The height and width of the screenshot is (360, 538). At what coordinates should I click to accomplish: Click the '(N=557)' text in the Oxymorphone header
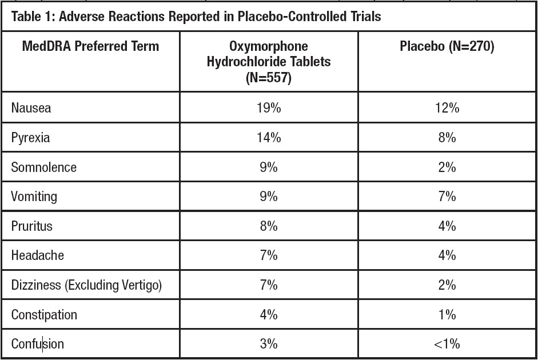click(269, 77)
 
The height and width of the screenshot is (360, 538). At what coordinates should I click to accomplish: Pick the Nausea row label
click(31, 107)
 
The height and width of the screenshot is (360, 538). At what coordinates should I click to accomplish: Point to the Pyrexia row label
click(30, 137)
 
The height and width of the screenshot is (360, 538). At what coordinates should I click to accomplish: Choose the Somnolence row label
click(43, 167)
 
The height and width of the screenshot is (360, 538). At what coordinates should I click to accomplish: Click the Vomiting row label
click(34, 197)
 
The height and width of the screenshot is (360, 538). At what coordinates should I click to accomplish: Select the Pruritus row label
click(31, 226)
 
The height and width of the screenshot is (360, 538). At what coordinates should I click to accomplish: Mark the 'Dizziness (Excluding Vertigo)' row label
click(86, 285)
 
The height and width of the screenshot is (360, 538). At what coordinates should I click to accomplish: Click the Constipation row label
click(44, 314)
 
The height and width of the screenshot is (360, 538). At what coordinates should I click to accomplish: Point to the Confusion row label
click(38, 344)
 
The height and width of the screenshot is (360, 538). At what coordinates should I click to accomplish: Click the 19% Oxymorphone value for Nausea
click(269, 107)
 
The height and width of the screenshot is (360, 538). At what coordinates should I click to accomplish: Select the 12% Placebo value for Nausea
click(447, 107)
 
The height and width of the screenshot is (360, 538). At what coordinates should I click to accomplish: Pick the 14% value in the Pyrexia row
click(269, 137)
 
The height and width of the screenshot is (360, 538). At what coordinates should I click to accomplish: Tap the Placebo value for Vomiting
click(447, 197)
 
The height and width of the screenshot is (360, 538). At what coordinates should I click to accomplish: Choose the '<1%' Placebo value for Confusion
click(447, 344)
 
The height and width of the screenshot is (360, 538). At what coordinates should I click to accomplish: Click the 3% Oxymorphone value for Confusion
click(269, 344)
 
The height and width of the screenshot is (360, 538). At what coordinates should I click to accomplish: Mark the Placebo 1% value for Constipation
click(447, 314)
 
